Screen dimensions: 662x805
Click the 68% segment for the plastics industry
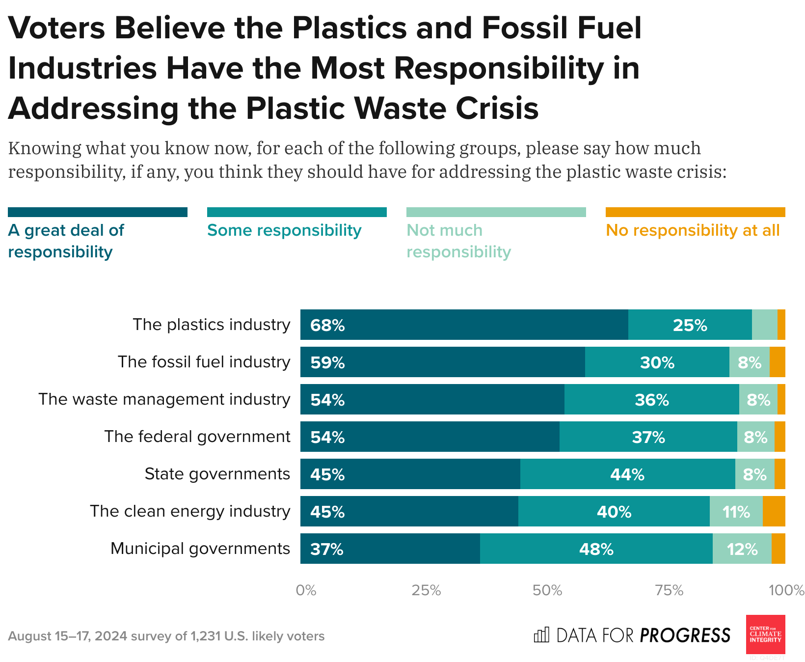(464, 325)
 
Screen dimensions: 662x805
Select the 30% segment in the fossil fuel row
(657, 362)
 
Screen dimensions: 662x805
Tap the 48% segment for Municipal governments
(596, 549)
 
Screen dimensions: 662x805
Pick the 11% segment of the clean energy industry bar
(736, 511)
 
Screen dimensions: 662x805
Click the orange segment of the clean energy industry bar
(774, 511)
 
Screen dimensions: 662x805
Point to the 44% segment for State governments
(627, 474)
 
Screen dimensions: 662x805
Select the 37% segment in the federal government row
(648, 437)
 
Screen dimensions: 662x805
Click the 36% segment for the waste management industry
(651, 399)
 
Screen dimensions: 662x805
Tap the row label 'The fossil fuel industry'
(204, 362)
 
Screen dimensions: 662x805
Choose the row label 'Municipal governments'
(200, 549)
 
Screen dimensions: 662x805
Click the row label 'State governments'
(217, 474)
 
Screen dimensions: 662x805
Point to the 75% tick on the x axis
(669, 590)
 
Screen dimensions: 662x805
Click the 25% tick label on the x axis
(426, 590)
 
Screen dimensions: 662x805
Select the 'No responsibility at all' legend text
(693, 230)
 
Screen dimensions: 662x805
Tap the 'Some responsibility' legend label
(284, 230)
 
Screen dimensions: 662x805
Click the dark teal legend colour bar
(98, 212)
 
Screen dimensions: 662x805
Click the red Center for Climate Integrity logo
(765, 634)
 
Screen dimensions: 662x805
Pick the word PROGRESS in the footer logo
(685, 635)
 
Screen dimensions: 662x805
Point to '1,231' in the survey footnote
(206, 636)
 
